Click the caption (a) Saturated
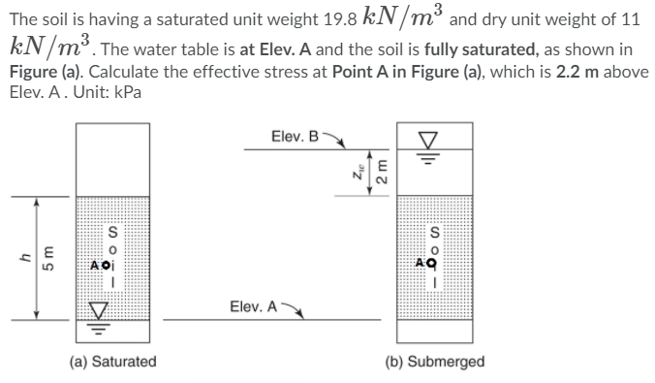(x=112, y=361)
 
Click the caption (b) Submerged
(x=435, y=361)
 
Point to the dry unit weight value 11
(x=634, y=18)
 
